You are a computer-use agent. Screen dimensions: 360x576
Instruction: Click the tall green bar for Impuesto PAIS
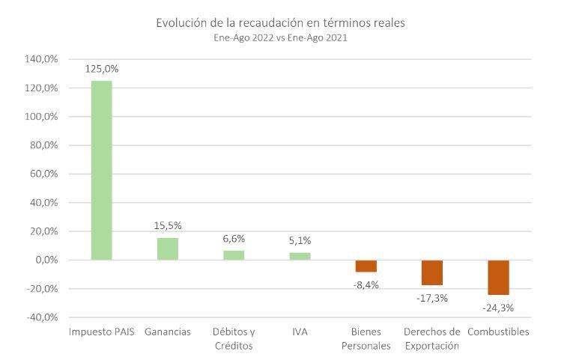pyautogui.click(x=101, y=171)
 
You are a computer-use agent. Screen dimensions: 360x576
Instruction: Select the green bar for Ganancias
pyautogui.click(x=167, y=248)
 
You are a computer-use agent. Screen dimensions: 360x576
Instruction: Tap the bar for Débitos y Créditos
pyautogui.click(x=234, y=255)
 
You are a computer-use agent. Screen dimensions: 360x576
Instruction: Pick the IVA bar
pyautogui.click(x=300, y=256)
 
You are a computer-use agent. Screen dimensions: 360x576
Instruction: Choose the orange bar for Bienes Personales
pyautogui.click(x=366, y=266)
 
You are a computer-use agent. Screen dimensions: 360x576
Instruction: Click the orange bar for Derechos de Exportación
pyautogui.click(x=432, y=272)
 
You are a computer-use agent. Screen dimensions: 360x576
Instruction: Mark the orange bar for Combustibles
pyautogui.click(x=498, y=277)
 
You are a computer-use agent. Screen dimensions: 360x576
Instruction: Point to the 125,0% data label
pyautogui.click(x=102, y=69)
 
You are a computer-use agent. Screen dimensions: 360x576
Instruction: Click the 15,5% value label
pyautogui.click(x=167, y=225)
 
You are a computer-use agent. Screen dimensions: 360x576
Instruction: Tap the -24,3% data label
pyautogui.click(x=498, y=307)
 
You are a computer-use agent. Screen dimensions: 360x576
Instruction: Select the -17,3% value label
pyautogui.click(x=432, y=297)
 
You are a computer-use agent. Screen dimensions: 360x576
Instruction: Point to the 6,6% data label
pyautogui.click(x=234, y=238)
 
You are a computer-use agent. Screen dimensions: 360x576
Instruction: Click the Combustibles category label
pyautogui.click(x=498, y=332)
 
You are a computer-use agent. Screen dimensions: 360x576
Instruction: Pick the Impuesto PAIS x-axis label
pyautogui.click(x=101, y=332)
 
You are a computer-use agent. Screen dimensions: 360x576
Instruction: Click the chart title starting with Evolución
pyautogui.click(x=280, y=22)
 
